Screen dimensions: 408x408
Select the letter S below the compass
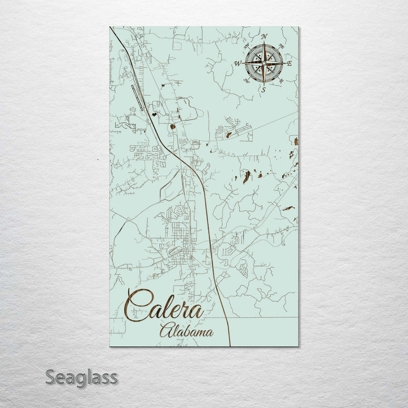click(263, 89)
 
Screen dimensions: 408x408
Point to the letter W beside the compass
click(238, 63)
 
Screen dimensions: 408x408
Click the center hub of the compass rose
click(263, 63)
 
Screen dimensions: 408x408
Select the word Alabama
click(186, 331)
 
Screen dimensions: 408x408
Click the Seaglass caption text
click(82, 377)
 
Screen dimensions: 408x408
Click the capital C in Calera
click(138, 306)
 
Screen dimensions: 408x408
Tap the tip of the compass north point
click(263, 44)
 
